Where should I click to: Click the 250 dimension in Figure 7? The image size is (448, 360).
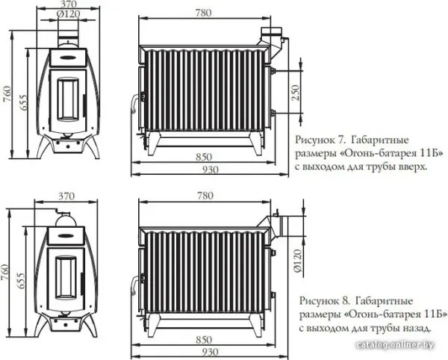[296, 93]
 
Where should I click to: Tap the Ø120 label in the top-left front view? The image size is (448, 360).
[68, 13]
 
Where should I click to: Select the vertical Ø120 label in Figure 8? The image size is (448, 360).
[297, 261]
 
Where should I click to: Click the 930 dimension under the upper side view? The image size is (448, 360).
[211, 170]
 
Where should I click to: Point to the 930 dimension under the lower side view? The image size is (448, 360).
[211, 352]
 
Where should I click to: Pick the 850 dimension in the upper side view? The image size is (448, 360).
[204, 157]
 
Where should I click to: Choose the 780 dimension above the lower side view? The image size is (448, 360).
[205, 196]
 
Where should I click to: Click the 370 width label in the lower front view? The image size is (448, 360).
[66, 196]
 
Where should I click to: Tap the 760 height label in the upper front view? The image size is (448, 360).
[7, 93]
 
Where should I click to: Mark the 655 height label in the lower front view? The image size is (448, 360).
[22, 281]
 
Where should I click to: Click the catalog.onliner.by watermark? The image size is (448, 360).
[395, 345]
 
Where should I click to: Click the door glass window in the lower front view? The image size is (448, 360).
[66, 278]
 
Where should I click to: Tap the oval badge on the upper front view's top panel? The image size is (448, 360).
[68, 57]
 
